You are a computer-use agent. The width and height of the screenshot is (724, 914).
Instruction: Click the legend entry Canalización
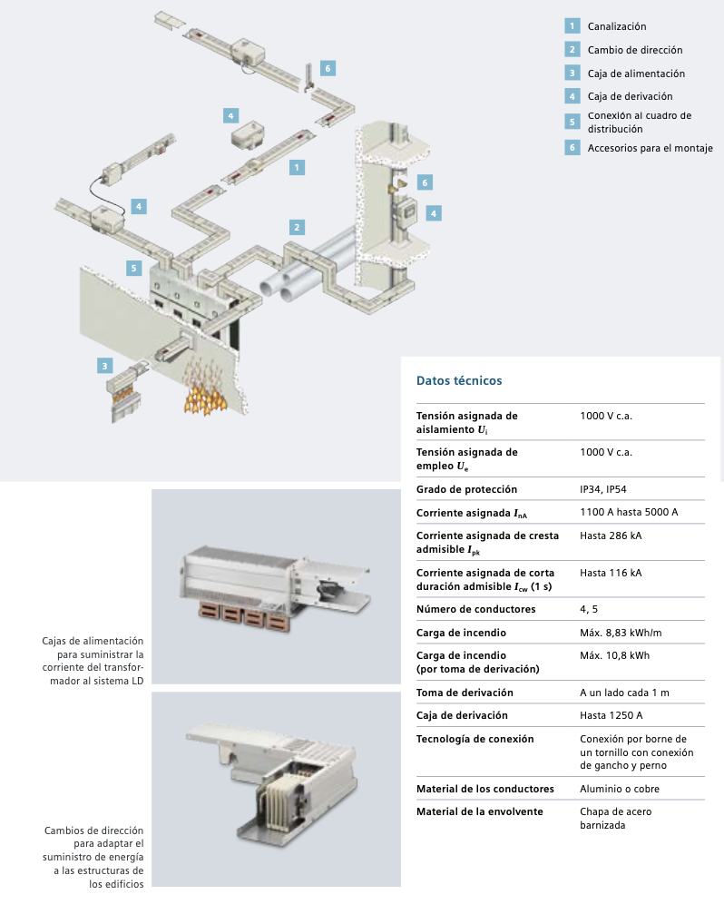(x=616, y=26)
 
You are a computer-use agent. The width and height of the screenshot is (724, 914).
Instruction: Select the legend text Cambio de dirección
(x=634, y=50)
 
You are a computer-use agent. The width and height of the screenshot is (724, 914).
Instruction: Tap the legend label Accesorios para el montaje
(x=650, y=148)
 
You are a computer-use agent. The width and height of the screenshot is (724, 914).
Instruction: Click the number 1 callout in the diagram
(x=296, y=167)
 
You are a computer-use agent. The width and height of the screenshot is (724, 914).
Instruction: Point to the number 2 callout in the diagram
(x=296, y=227)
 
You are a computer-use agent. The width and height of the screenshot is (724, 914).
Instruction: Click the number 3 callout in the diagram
(x=106, y=366)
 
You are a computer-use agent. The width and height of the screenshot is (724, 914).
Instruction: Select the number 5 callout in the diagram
(x=134, y=268)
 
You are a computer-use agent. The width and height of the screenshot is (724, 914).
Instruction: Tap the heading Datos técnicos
(x=458, y=381)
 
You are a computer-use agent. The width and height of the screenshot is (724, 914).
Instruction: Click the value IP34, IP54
(x=603, y=489)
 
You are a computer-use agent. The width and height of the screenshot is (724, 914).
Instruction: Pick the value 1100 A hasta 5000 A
(x=629, y=513)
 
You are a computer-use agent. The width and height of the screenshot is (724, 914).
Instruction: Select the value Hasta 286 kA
(x=611, y=536)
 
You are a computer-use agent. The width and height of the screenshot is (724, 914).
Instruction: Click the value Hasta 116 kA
(x=611, y=573)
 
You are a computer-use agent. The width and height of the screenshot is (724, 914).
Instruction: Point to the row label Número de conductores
(x=475, y=609)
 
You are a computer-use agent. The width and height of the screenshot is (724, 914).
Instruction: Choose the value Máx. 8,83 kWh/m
(x=621, y=633)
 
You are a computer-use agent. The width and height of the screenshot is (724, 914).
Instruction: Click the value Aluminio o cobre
(x=620, y=788)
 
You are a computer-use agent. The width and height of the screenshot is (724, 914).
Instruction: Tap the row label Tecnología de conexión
(x=475, y=739)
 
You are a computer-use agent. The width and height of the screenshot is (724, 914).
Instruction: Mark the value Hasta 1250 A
(x=611, y=715)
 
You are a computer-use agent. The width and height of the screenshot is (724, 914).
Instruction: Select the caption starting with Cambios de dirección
(x=93, y=858)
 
